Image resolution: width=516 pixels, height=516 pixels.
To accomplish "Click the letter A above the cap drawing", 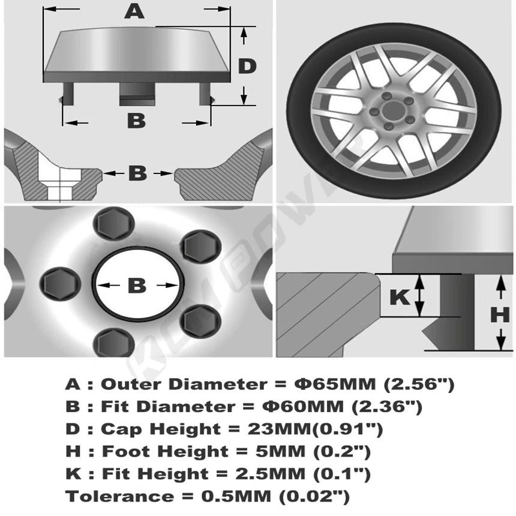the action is point(134,12).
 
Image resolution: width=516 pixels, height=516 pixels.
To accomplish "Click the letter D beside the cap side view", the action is point(247,66).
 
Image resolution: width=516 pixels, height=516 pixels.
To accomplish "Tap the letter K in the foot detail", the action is point(400,297).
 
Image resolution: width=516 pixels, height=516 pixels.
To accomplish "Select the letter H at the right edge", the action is point(500,315).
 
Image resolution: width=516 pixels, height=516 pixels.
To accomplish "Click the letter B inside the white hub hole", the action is point(137,286).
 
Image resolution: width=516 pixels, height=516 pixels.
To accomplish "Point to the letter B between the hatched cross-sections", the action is point(137,173).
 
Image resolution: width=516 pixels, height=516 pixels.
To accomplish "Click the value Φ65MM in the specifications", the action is point(335,384).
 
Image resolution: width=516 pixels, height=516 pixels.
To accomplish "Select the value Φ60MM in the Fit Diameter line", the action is point(303,406).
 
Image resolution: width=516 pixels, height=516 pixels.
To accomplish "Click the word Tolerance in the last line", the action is point(119,496).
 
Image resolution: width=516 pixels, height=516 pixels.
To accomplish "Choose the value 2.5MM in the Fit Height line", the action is point(271,473).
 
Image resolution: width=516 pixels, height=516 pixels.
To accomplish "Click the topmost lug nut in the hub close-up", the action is point(114,223).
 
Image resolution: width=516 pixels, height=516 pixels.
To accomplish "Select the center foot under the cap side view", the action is point(137,94).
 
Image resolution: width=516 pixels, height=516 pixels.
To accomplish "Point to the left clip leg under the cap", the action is point(67,94).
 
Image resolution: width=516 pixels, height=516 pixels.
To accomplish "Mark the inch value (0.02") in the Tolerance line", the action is point(314,497).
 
